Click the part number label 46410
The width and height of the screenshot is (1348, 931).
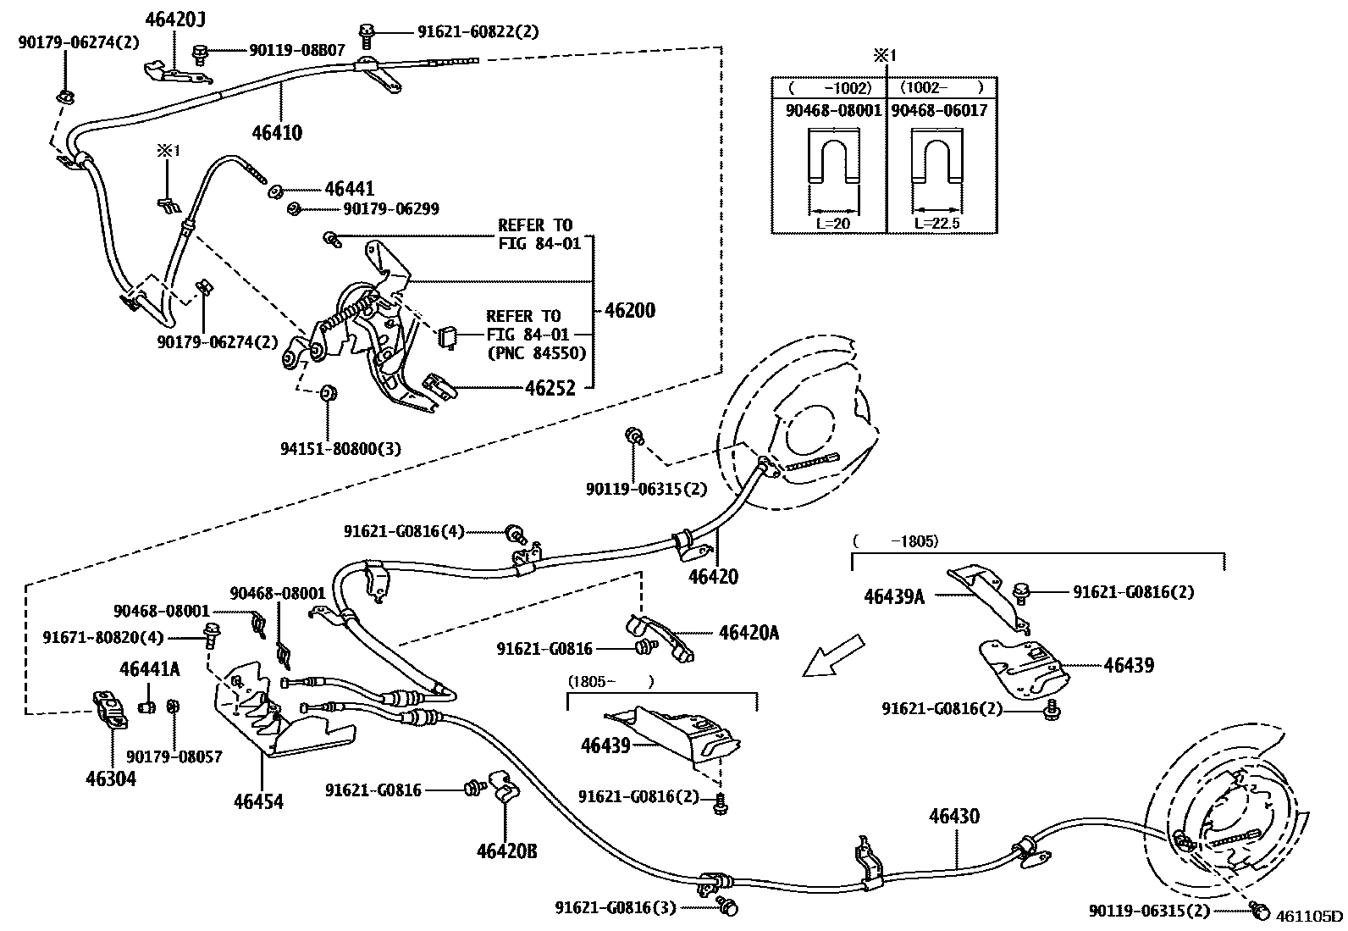pyautogui.click(x=277, y=132)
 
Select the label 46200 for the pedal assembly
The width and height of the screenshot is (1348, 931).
pyautogui.click(x=630, y=311)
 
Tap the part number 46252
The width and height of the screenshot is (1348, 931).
pyautogui.click(x=550, y=388)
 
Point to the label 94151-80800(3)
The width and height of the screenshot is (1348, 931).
pyautogui.click(x=341, y=449)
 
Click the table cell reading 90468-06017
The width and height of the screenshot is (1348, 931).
pyautogui.click(x=939, y=111)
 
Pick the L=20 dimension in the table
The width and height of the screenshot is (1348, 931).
pyautogui.click(x=833, y=224)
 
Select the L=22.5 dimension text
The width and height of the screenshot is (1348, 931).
pyautogui.click(x=937, y=224)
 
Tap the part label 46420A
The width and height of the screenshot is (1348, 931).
pyautogui.click(x=749, y=632)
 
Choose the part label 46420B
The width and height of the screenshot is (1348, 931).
pyautogui.click(x=506, y=851)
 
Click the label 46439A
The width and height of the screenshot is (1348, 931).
pyautogui.click(x=894, y=596)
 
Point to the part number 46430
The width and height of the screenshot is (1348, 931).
pyautogui.click(x=953, y=817)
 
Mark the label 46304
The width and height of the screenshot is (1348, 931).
pyautogui.click(x=111, y=778)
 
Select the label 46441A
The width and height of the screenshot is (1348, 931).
pyautogui.click(x=150, y=668)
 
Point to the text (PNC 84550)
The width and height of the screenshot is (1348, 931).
pyautogui.click(x=537, y=353)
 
